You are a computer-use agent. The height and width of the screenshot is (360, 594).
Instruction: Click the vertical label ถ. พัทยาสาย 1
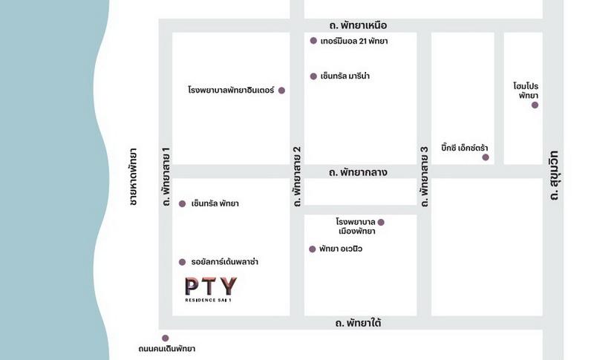pyautogui.click(x=166, y=175)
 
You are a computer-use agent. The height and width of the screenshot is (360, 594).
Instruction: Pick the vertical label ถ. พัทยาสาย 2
pyautogui.click(x=297, y=175)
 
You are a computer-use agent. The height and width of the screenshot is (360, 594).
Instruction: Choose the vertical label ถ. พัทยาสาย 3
pyautogui.click(x=425, y=175)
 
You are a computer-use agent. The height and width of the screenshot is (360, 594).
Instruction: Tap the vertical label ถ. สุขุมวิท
pyautogui.click(x=554, y=175)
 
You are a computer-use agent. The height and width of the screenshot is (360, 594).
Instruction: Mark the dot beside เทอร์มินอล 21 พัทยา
pyautogui.click(x=313, y=41)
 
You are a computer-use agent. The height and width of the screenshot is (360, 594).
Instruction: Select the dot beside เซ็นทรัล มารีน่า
pyautogui.click(x=313, y=76)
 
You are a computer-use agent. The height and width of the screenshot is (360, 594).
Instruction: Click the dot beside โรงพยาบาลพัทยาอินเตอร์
pyautogui.click(x=281, y=90)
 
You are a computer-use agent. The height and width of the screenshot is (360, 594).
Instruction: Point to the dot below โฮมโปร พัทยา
pyautogui.click(x=535, y=105)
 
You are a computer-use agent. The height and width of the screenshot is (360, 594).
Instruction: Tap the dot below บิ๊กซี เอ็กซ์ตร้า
pyautogui.click(x=486, y=157)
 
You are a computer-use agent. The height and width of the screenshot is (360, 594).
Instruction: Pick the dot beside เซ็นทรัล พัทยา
pyautogui.click(x=182, y=203)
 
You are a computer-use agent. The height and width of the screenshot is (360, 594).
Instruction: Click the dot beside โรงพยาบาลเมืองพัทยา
pyautogui.click(x=381, y=222)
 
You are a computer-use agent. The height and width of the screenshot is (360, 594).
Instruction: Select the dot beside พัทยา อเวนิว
pyautogui.click(x=312, y=249)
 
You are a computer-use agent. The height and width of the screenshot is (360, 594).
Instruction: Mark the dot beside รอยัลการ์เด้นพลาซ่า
pyautogui.click(x=182, y=262)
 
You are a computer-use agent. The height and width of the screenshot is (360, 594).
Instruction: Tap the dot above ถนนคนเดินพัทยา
pyautogui.click(x=165, y=338)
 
